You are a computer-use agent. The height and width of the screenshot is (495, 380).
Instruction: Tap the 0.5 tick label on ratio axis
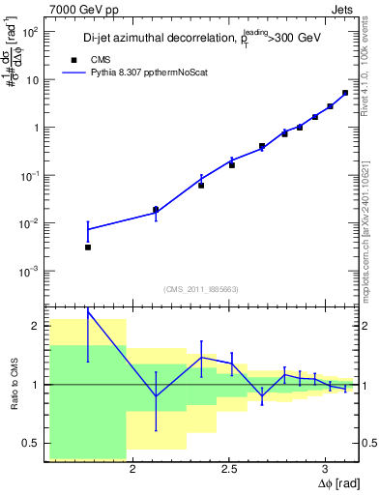(29, 444)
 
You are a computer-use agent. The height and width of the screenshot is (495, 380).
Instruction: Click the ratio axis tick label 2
(35, 327)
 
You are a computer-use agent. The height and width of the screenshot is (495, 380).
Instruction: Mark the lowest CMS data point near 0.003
(88, 247)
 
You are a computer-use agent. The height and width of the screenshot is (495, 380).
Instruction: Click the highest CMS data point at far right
(345, 93)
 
